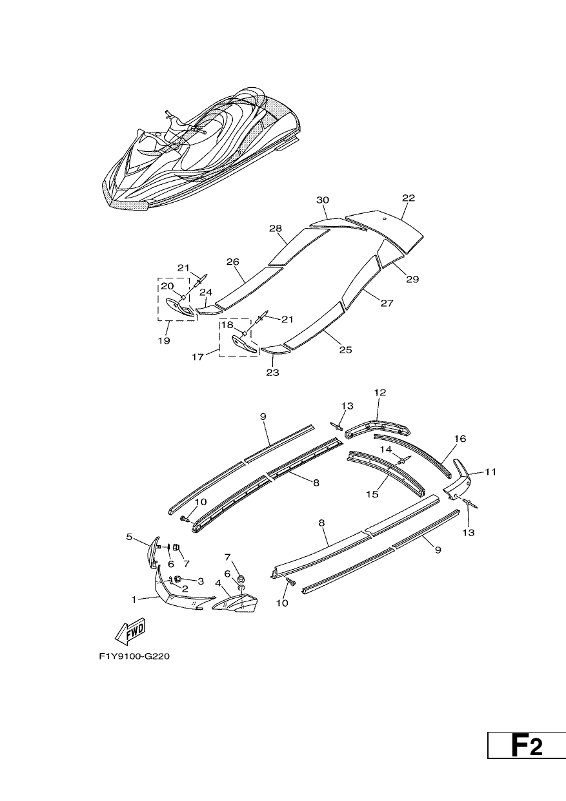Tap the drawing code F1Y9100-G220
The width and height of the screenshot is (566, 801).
pyautogui.click(x=134, y=656)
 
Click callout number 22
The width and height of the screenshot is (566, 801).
pyautogui.click(x=409, y=198)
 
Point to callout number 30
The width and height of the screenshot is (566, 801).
pyautogui.click(x=323, y=200)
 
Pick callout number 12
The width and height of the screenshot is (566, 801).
pyautogui.click(x=380, y=392)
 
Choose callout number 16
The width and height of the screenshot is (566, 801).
pyautogui.click(x=460, y=439)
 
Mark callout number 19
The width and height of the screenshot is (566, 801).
pyautogui.click(x=164, y=340)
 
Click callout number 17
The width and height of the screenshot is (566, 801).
pyautogui.click(x=197, y=357)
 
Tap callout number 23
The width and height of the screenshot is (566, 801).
pyautogui.click(x=272, y=373)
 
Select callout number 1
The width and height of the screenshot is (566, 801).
pyautogui.click(x=134, y=599)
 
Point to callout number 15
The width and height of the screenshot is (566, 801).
pyautogui.click(x=372, y=494)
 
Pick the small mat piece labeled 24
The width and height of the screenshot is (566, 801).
pyautogui.click(x=209, y=309)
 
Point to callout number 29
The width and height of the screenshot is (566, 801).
pyautogui.click(x=412, y=279)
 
